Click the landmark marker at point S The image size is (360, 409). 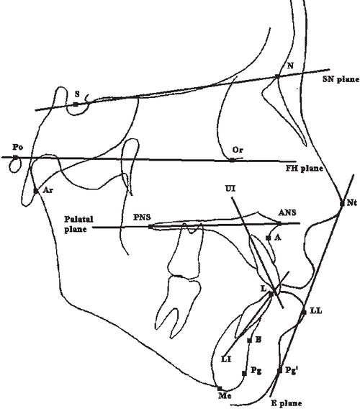click(76, 104)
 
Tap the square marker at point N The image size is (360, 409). click(277, 76)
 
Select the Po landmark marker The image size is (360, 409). click(16, 157)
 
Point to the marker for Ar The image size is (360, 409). click(36, 192)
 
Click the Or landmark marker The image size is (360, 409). click(232, 160)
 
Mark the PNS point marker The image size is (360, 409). click(150, 227)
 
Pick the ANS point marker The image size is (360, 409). click(279, 223)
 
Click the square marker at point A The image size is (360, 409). click(268, 238)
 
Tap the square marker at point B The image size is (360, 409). click(249, 341)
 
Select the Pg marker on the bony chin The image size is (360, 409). click(244, 374)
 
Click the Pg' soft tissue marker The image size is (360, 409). click(280, 371)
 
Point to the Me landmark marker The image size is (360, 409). click(220, 389)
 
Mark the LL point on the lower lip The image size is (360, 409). click(304, 313)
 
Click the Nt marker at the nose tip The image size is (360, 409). click(342, 204)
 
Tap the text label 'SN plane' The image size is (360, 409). click(341, 79)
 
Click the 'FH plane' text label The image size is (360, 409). click(304, 168)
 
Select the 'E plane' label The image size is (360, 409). click(286, 403)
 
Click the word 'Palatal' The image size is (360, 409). click(78, 219)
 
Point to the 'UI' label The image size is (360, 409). click(230, 188)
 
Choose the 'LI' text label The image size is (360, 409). click(226, 359)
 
